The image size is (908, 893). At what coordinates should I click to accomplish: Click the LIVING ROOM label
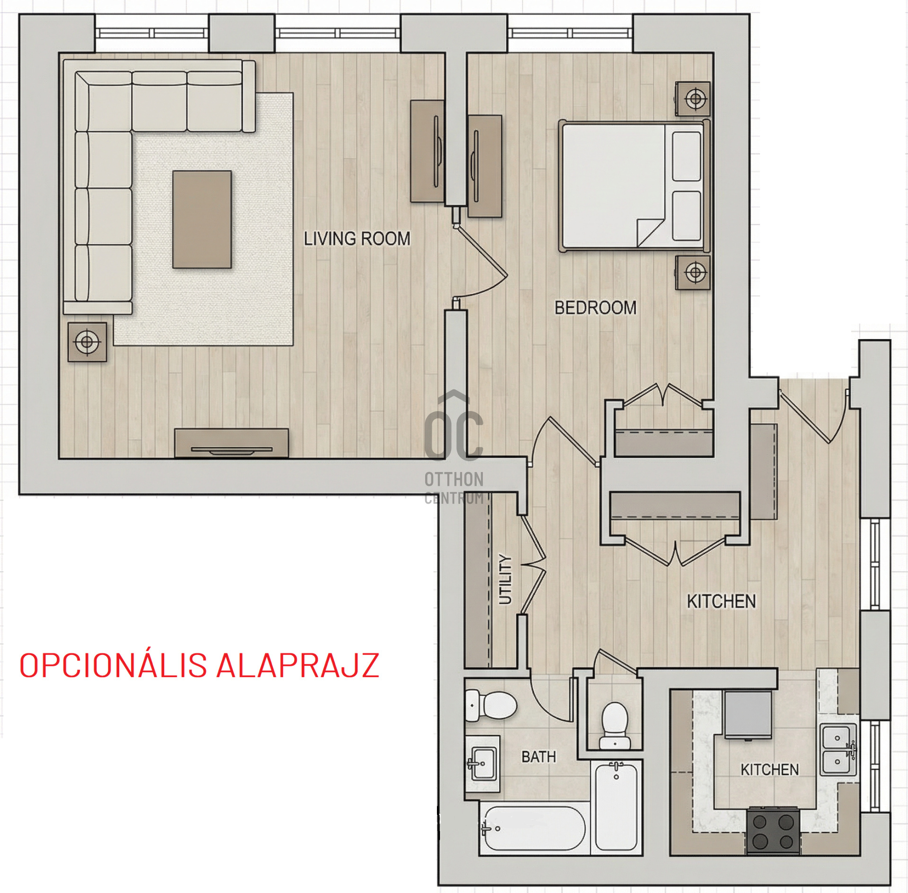point(357,239)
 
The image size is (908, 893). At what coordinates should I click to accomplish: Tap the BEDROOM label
point(595,308)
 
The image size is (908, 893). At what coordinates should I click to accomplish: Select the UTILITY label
point(506,579)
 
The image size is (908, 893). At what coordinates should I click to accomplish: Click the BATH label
point(539,757)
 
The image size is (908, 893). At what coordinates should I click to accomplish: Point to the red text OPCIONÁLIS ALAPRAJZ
point(199,666)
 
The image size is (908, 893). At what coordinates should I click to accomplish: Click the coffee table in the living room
point(202,219)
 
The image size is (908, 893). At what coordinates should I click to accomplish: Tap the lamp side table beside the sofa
point(87,342)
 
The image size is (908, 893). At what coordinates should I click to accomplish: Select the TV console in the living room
point(231,443)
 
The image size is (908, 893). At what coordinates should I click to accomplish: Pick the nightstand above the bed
point(693,99)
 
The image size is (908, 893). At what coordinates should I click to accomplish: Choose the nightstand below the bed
point(693,273)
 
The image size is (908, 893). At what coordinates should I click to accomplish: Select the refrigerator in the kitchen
point(748,715)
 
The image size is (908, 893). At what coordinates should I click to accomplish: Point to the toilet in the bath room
point(491,705)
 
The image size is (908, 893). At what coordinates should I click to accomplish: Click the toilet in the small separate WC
point(615,726)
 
